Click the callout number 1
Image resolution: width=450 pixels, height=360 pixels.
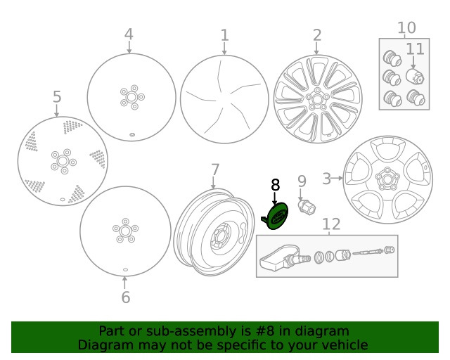224,35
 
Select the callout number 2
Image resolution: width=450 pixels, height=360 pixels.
316,35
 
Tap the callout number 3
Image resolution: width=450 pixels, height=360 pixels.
327,179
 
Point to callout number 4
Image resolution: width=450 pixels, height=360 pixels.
129,34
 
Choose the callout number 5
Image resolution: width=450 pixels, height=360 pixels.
57,96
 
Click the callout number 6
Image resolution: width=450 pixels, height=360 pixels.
125,297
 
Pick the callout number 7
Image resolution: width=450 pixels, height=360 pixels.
215,169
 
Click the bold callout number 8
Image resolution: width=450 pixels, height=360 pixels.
275,185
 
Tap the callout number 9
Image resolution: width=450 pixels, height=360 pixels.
302,182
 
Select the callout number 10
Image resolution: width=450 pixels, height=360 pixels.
406,28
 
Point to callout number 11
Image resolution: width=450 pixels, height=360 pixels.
415,49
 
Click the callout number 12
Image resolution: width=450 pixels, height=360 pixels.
331,224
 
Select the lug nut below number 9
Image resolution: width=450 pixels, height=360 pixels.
307,208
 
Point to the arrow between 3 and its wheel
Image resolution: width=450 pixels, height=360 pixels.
338,179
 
